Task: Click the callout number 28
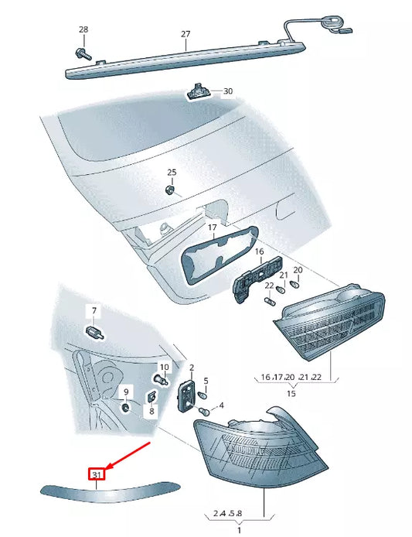[83, 29]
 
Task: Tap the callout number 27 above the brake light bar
[186, 34]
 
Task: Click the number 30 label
[227, 91]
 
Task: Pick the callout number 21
[283, 275]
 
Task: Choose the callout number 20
[298, 270]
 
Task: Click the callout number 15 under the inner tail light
[291, 394]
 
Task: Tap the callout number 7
[94, 311]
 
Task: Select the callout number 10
[163, 367]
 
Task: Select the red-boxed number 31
[97, 474]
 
